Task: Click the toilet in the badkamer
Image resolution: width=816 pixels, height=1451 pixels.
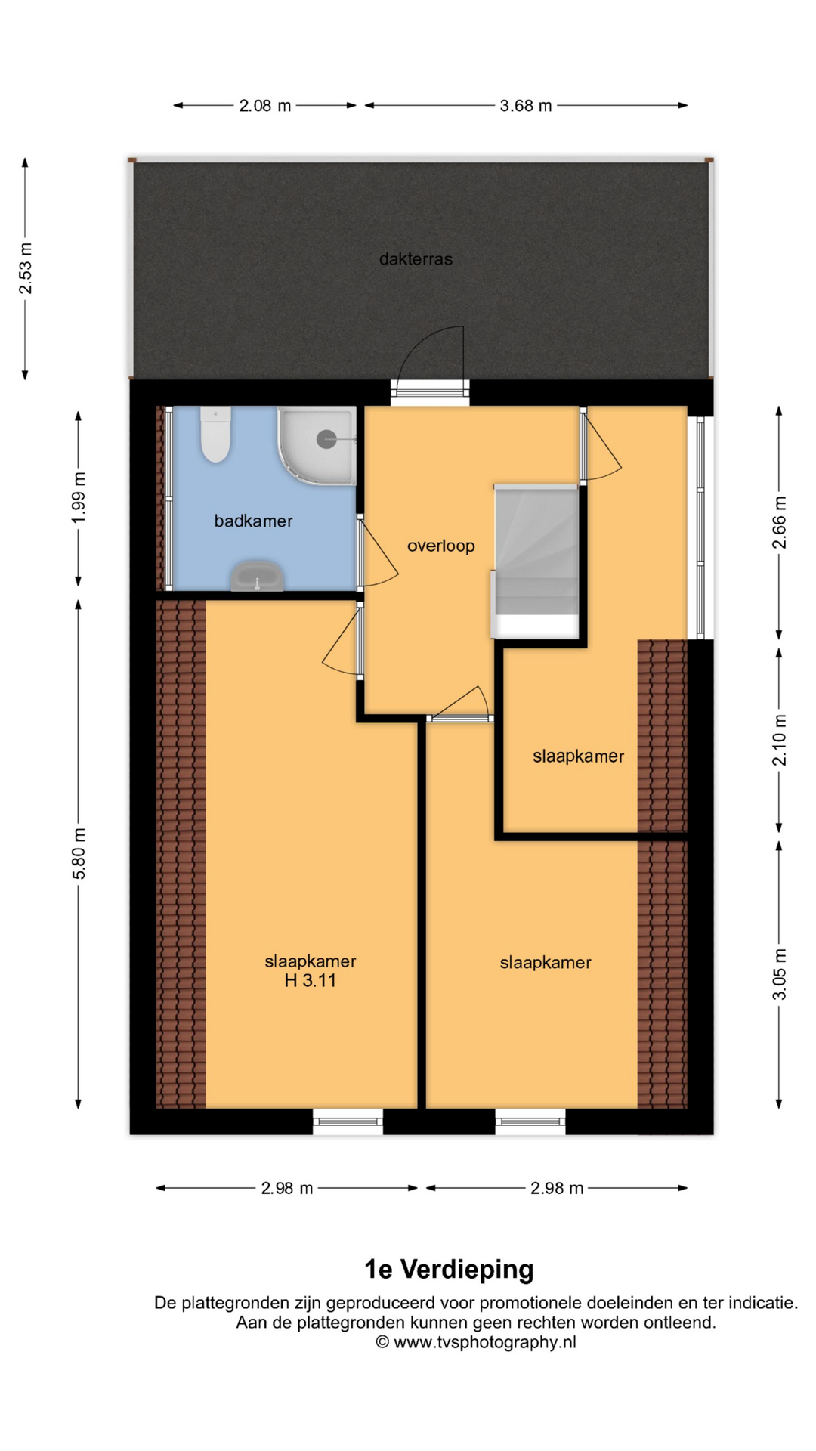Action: [215, 434]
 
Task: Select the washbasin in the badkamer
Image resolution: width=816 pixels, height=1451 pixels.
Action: [257, 577]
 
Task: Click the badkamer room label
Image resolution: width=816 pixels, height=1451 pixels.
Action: [253, 521]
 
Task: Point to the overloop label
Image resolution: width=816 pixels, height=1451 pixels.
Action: [441, 546]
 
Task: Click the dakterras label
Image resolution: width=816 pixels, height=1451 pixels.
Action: [416, 259]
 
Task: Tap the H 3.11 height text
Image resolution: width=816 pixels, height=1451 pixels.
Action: [310, 981]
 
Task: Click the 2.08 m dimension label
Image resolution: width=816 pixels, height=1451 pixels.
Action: [265, 106]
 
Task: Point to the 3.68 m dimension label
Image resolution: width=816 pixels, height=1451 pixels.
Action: [526, 106]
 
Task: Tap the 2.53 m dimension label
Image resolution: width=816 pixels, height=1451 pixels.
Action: [26, 268]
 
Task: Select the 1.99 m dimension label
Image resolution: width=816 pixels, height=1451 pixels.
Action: [79, 497]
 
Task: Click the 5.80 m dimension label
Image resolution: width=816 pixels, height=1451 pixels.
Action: [79, 853]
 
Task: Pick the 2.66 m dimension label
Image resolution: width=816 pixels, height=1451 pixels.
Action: [780, 522]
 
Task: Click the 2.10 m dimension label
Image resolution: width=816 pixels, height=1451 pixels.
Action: [780, 740]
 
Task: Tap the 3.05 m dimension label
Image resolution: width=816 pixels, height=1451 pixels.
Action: [780, 974]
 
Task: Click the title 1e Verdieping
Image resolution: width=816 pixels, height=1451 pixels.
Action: [449, 1269]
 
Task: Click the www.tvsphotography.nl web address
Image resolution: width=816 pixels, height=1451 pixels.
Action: [485, 1342]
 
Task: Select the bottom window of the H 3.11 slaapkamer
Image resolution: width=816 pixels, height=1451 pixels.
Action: [348, 1122]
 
